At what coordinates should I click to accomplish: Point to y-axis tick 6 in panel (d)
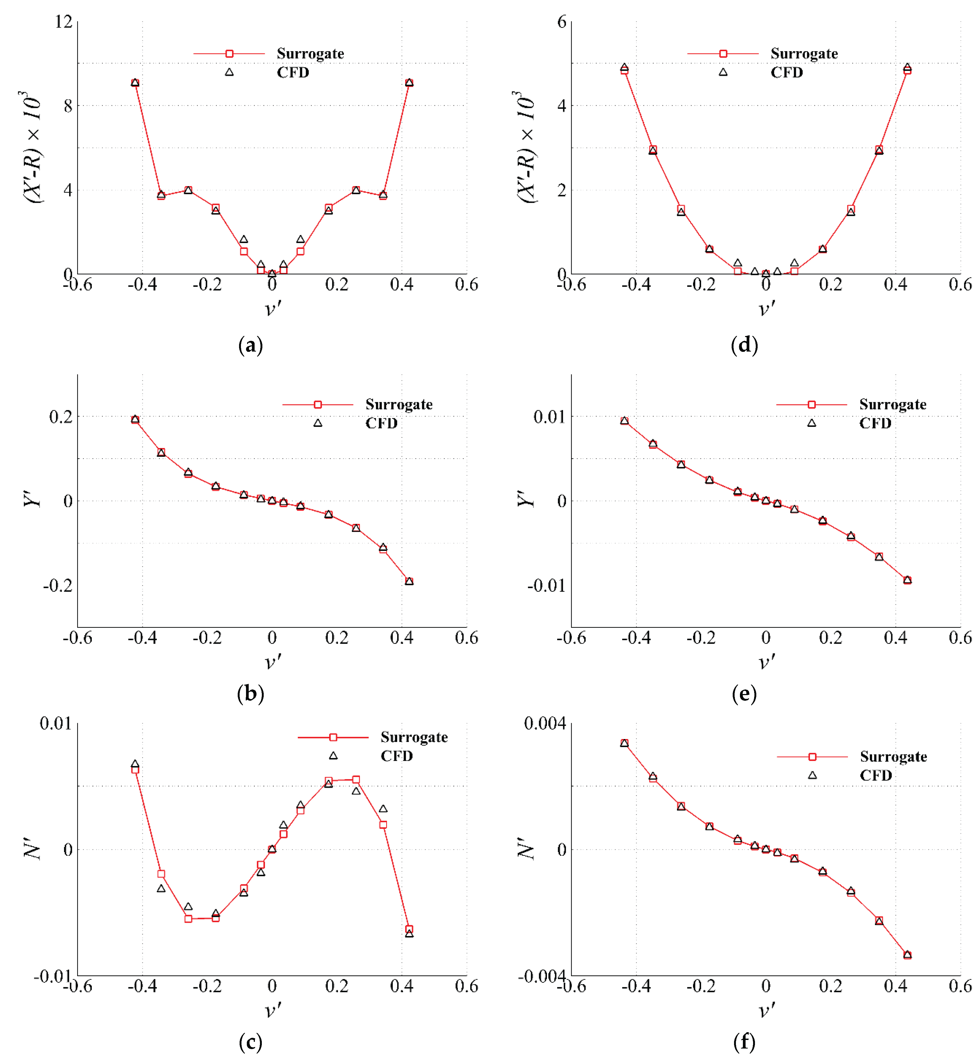point(561,22)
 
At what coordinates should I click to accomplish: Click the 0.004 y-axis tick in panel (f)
point(545,723)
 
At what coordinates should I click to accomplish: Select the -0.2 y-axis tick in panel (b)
point(57,585)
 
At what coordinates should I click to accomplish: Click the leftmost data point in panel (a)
point(135,83)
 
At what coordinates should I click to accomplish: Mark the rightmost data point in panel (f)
point(907,955)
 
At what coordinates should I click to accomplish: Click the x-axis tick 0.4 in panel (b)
point(401,638)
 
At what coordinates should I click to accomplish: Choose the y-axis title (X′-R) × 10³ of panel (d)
point(526,147)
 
